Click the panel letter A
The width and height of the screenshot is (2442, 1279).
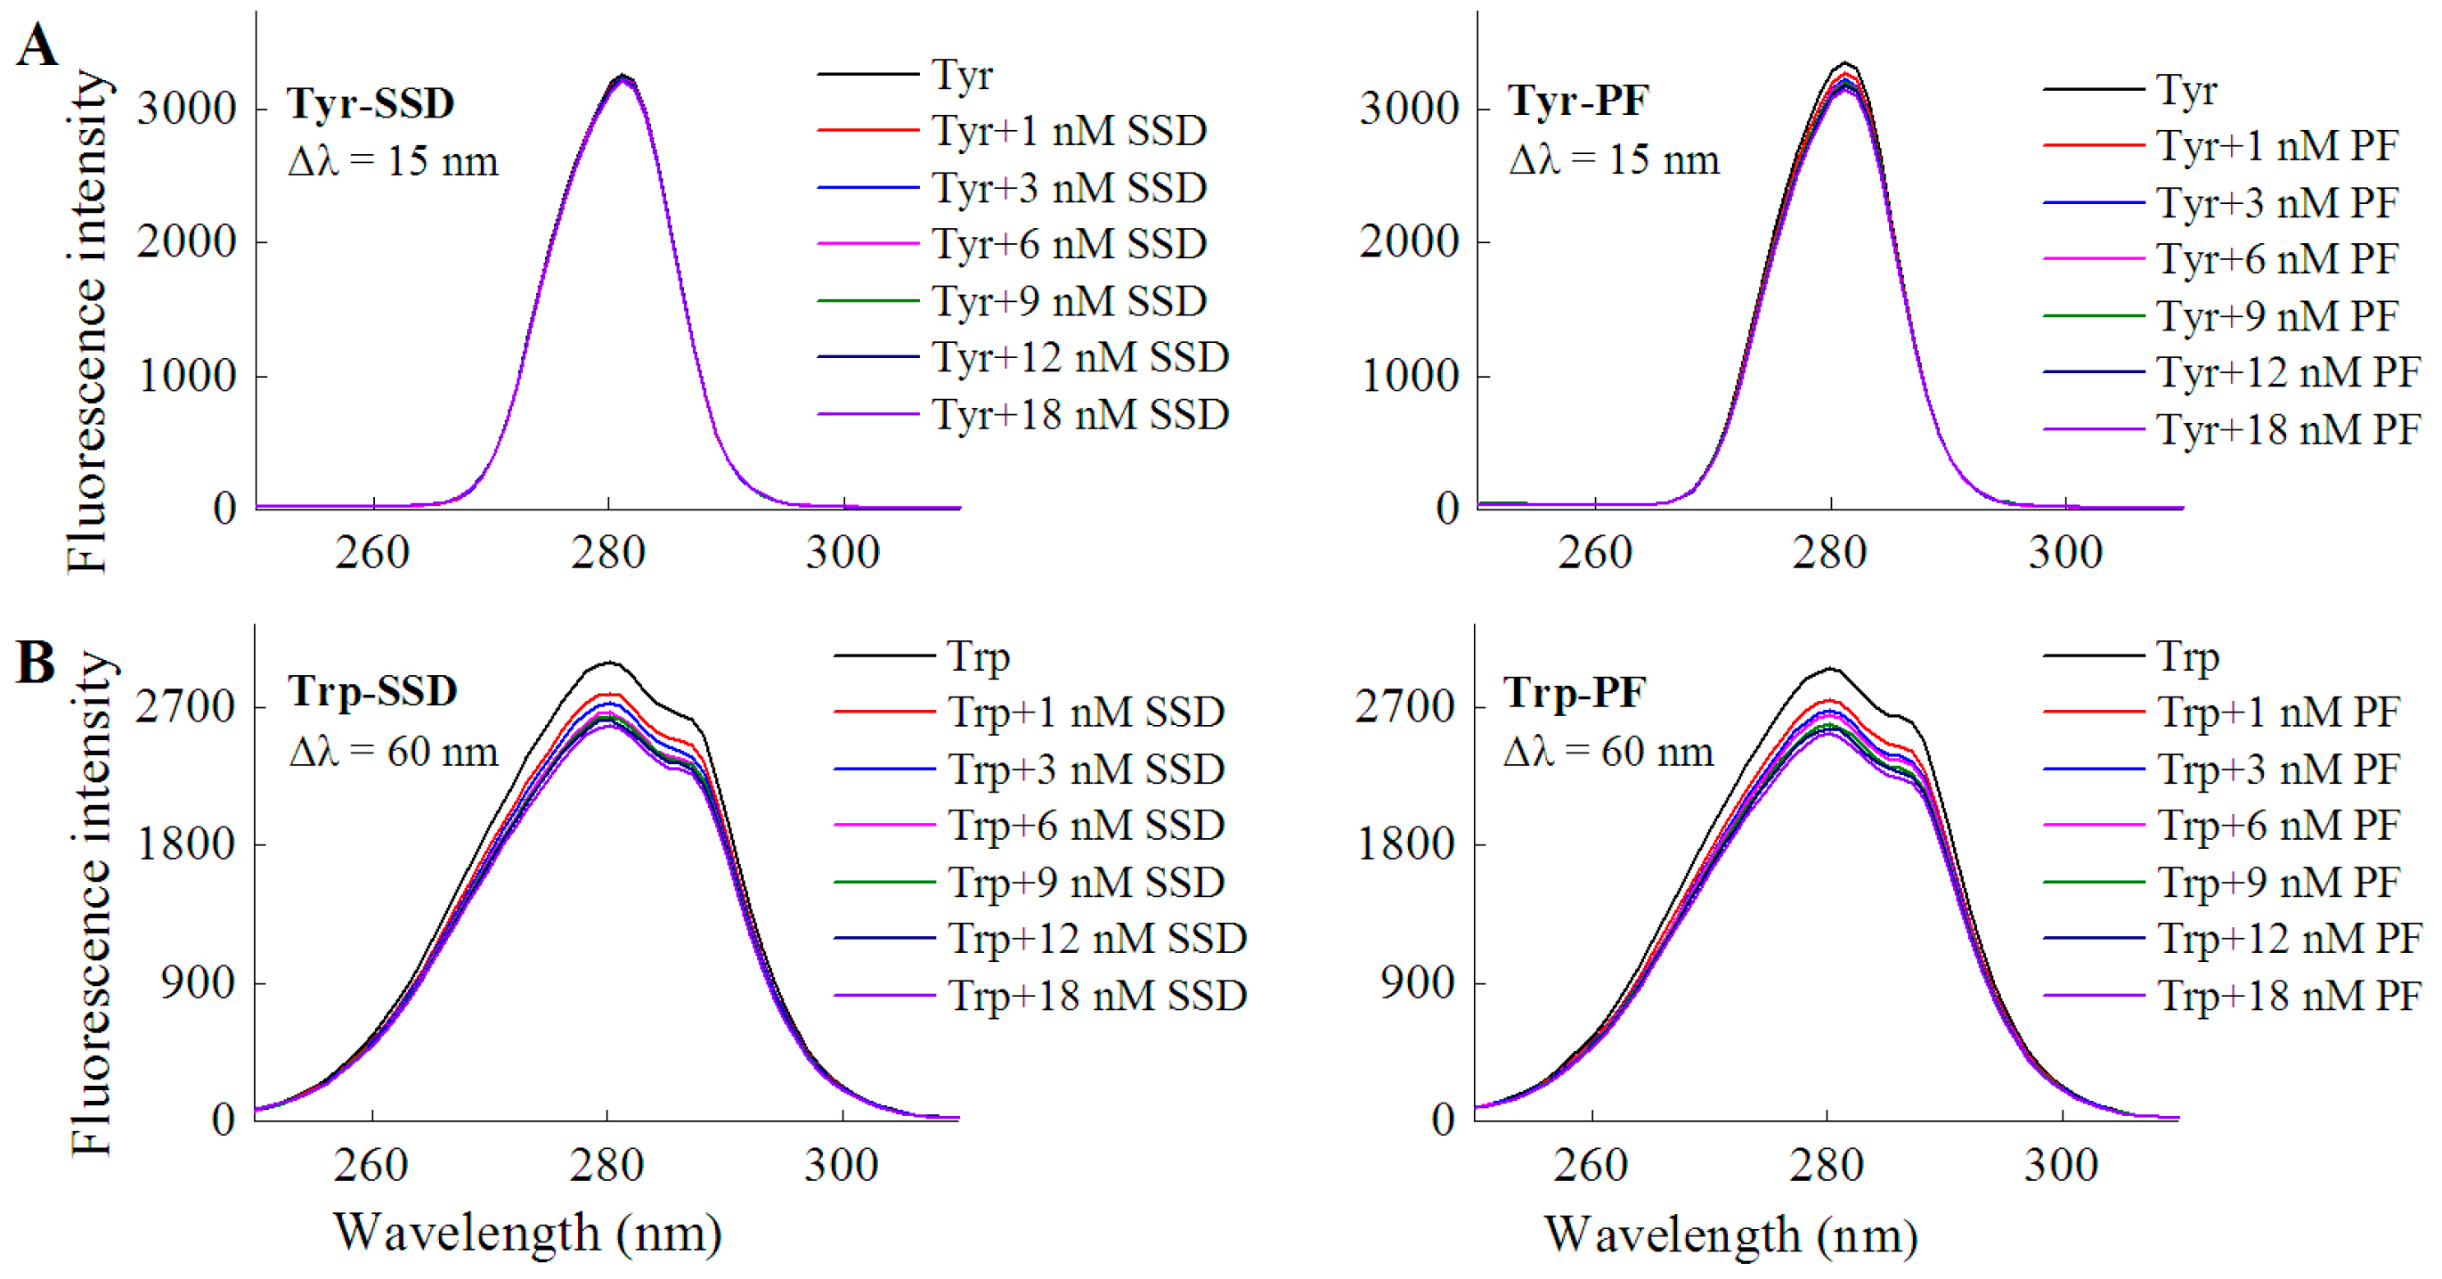tap(36, 45)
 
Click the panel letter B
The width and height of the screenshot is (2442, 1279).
tap(36, 662)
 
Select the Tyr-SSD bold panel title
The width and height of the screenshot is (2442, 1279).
tap(370, 103)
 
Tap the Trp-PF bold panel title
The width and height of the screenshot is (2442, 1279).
tap(1575, 693)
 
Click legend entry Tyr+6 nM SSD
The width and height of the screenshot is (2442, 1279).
tap(1069, 245)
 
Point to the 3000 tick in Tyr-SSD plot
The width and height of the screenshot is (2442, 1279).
tap(186, 109)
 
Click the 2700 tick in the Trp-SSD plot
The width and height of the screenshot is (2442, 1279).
tap(185, 707)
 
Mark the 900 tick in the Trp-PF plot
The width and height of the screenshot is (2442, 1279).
tap(1417, 983)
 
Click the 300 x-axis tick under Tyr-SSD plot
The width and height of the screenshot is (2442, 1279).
tap(842, 553)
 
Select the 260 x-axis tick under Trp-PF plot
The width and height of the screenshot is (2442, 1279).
tap(1591, 1165)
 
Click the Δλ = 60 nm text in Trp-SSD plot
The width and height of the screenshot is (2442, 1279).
tap(394, 752)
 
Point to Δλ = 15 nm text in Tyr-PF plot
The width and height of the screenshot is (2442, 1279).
tap(1614, 159)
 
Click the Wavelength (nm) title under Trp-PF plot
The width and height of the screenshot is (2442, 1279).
tap(1730, 1234)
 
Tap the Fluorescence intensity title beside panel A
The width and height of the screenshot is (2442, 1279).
tap(87, 322)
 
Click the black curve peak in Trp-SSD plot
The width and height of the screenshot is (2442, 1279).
tap(607, 662)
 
